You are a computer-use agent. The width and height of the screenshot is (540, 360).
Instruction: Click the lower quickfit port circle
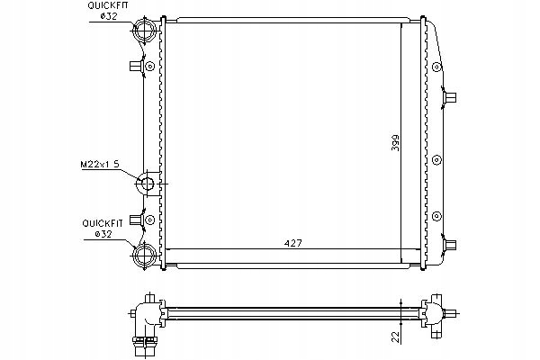click(x=145, y=256)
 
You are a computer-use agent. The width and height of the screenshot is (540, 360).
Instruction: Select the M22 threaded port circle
click(x=147, y=186)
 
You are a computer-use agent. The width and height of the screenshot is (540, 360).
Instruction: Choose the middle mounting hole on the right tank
click(x=436, y=158)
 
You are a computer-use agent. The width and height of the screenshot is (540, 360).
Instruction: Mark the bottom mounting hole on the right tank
click(x=436, y=215)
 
